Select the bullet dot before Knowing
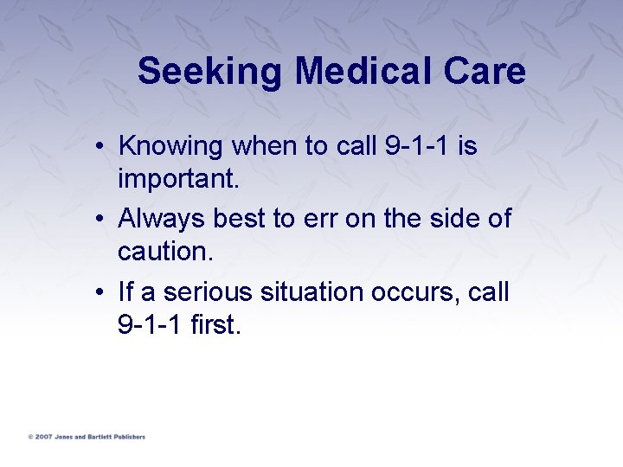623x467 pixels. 101,147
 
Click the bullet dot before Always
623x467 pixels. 101,220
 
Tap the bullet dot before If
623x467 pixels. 101,293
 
